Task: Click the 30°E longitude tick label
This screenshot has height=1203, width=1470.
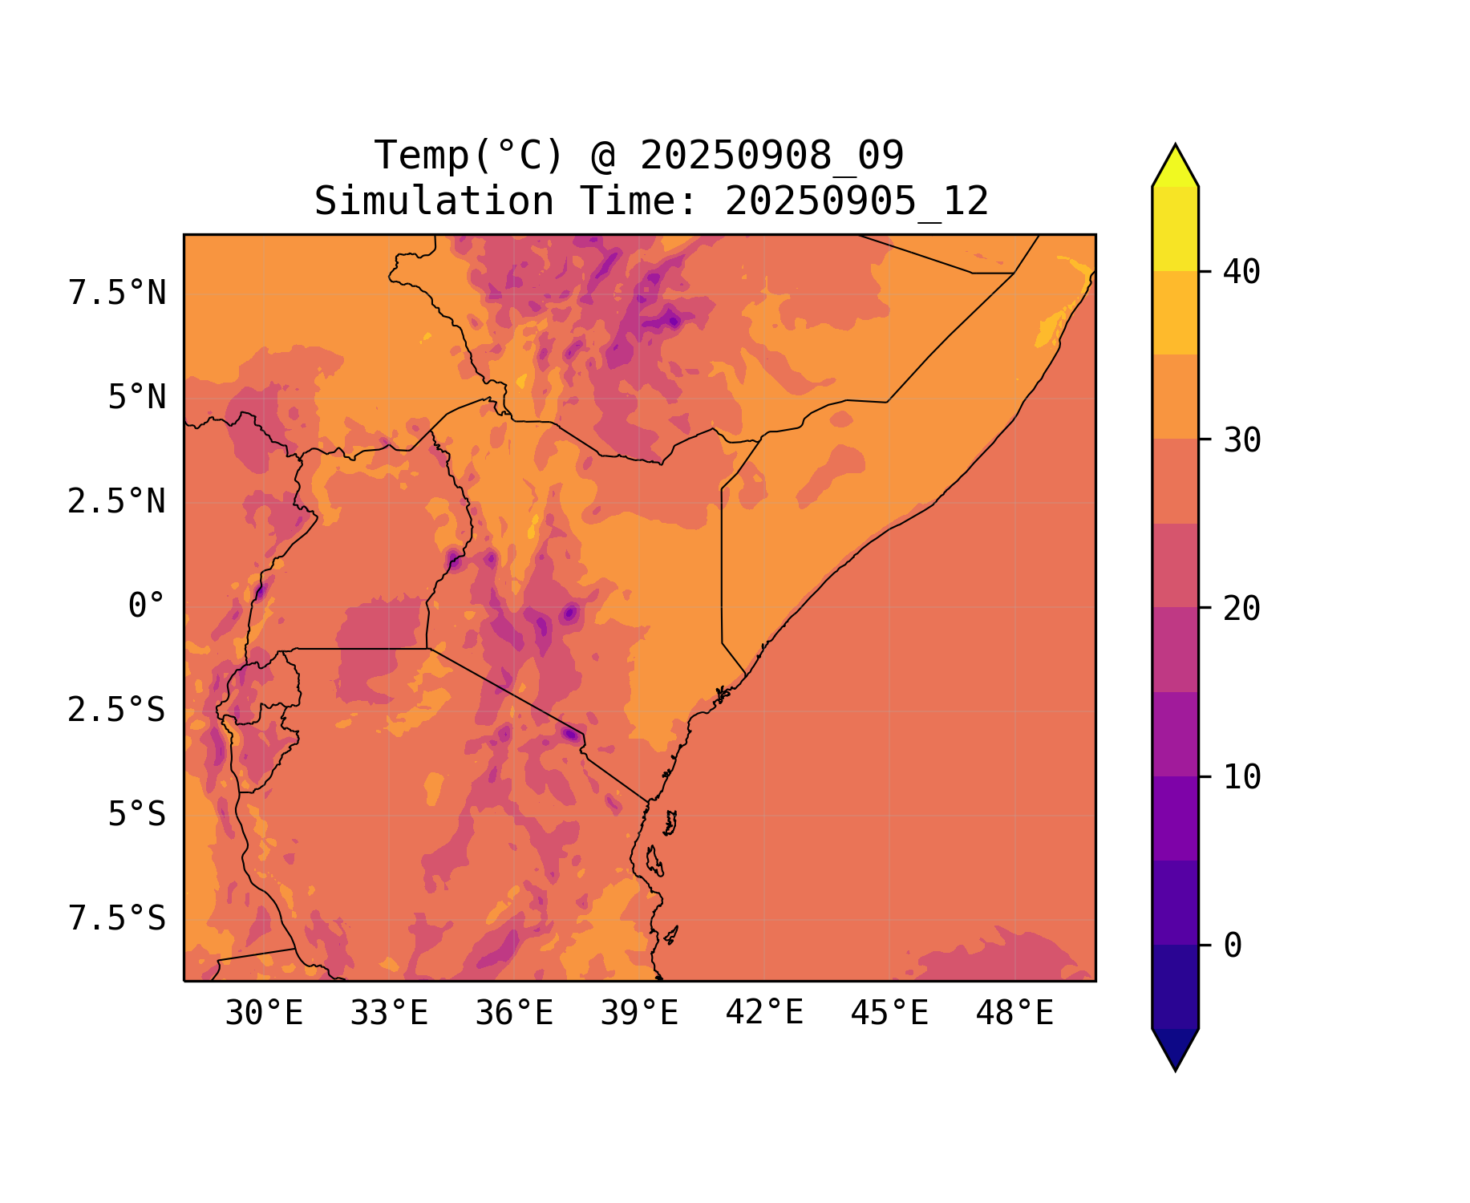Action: click(x=264, y=1014)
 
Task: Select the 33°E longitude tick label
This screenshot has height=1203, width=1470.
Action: click(x=389, y=1014)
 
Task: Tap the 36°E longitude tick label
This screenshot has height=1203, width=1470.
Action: click(x=514, y=1014)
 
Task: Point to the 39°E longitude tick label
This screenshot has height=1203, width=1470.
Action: click(x=639, y=1014)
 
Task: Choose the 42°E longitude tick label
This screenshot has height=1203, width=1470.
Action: click(x=764, y=1013)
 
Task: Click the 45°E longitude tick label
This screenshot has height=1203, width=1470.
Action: click(x=889, y=1014)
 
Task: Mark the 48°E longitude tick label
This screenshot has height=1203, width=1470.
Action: click(x=1014, y=1014)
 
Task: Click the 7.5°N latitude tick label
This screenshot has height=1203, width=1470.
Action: click(x=117, y=294)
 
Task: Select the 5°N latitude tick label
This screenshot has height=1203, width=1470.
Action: click(x=136, y=398)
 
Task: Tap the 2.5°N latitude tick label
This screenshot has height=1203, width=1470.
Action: click(x=117, y=502)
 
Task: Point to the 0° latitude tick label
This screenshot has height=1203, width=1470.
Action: click(x=147, y=606)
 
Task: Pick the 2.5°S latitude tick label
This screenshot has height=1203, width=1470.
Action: click(x=117, y=711)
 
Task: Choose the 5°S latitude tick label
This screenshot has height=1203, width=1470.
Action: click(x=136, y=815)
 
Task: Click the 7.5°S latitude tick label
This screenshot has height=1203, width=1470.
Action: click(x=117, y=919)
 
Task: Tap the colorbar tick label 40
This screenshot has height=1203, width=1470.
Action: click(x=1241, y=273)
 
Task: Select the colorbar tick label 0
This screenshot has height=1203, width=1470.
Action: click(x=1233, y=946)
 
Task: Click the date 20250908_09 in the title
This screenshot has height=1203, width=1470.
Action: click(x=771, y=156)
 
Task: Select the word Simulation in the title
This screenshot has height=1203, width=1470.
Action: click(x=434, y=201)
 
